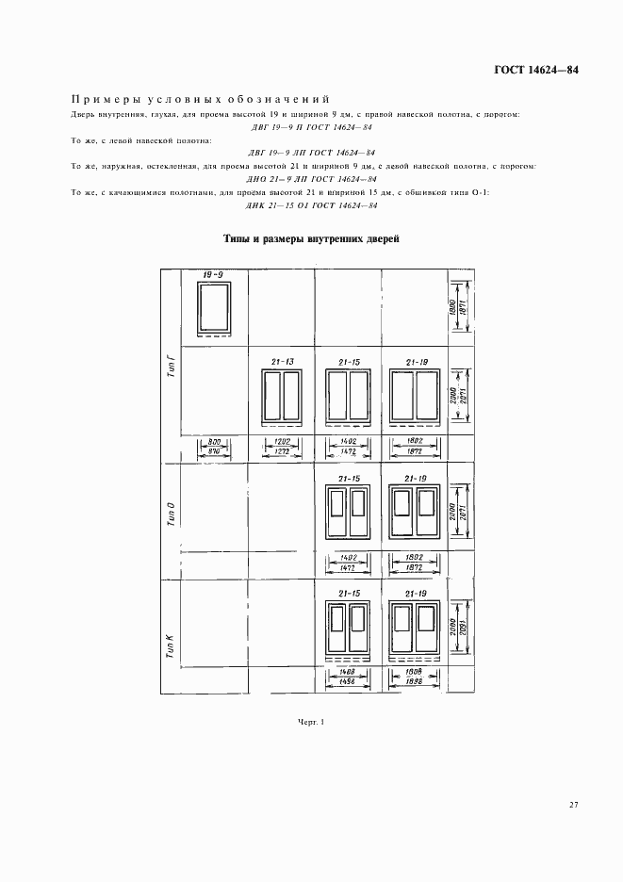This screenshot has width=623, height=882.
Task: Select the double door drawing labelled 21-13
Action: point(281,394)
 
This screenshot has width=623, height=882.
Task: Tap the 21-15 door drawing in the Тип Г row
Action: point(346,394)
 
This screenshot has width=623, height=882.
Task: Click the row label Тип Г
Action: point(171,363)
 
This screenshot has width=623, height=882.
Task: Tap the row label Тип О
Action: point(171,518)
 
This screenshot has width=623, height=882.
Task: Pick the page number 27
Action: point(573,804)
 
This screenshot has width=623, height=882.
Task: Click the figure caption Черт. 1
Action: point(310,722)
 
